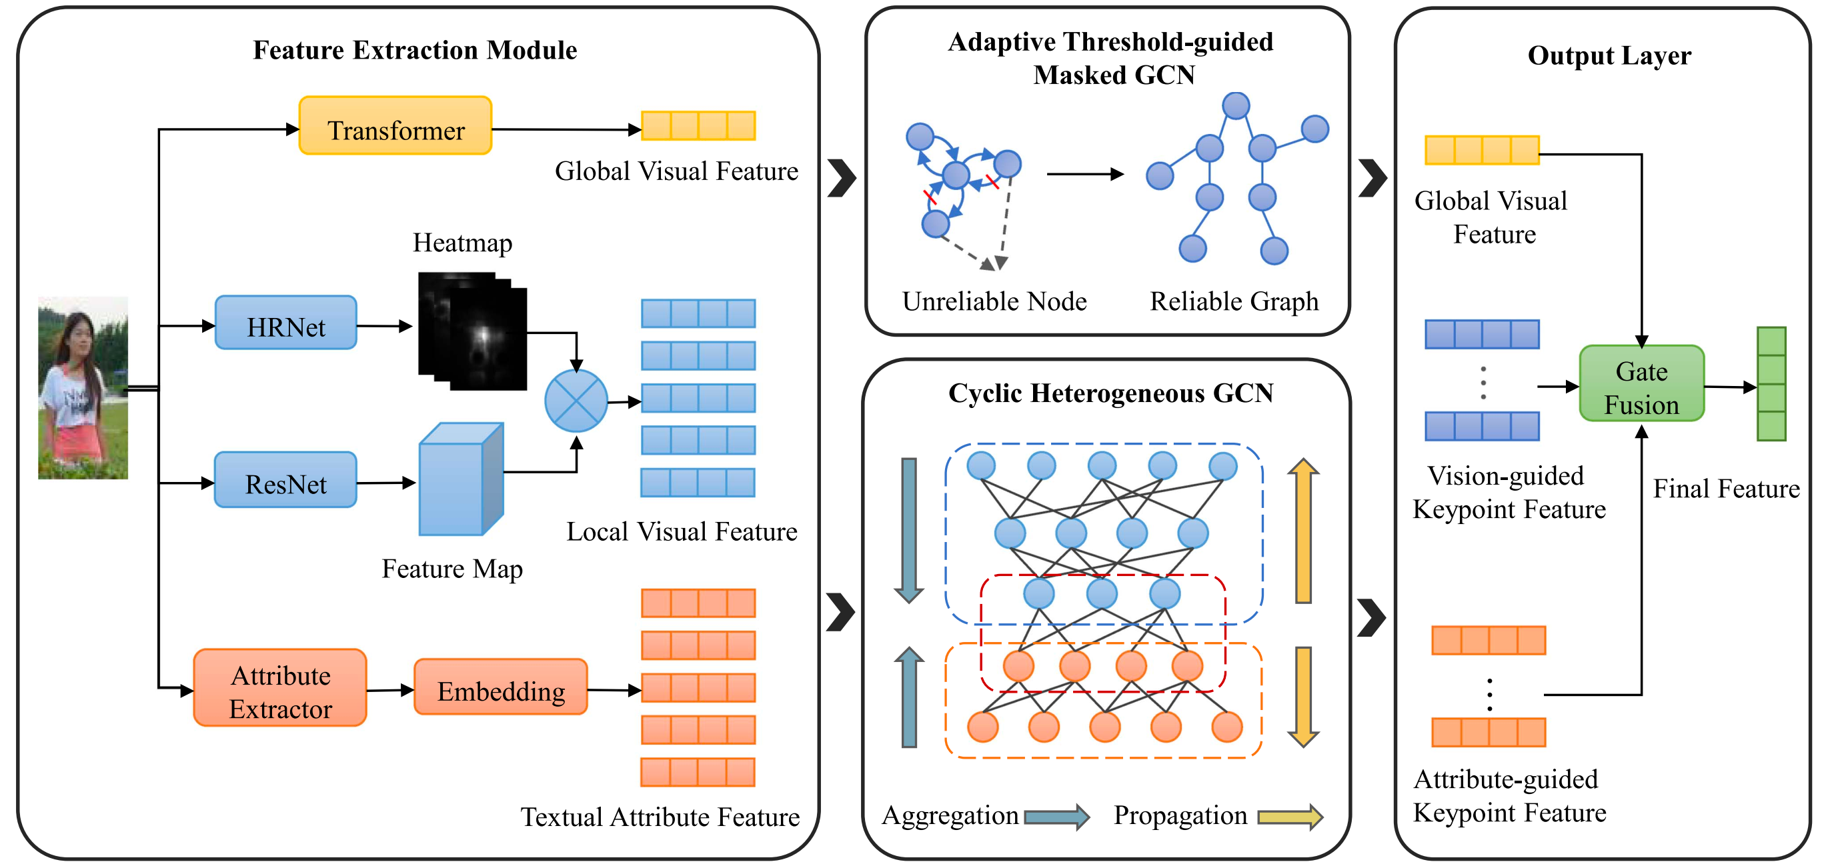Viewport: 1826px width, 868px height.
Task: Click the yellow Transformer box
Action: tap(395, 126)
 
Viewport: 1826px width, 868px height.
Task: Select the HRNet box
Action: tap(285, 323)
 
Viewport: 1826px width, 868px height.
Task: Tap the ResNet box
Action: tap(285, 481)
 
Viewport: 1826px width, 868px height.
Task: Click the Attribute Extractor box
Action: tap(280, 688)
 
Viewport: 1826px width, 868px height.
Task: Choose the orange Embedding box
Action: tap(501, 687)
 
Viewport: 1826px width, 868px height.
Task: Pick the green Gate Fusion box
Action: tap(1642, 384)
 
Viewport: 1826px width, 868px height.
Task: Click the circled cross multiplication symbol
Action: tap(576, 401)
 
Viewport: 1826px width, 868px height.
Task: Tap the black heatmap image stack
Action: tap(473, 331)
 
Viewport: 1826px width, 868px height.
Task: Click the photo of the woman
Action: tap(83, 388)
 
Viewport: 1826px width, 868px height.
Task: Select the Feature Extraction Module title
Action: tap(415, 50)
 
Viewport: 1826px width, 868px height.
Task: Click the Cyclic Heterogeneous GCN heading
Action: tap(1111, 393)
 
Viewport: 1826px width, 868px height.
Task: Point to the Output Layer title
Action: tap(1609, 55)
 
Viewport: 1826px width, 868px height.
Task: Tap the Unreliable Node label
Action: tap(994, 302)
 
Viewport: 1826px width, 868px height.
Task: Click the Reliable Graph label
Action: tap(1234, 302)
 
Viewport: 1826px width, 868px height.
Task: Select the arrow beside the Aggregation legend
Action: tap(1057, 817)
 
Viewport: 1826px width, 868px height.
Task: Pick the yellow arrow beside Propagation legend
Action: tap(1290, 817)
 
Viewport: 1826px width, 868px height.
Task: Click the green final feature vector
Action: tap(1771, 384)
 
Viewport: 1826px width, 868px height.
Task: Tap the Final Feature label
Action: tap(1727, 489)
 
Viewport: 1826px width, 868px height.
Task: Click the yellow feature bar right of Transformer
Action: tap(698, 126)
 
